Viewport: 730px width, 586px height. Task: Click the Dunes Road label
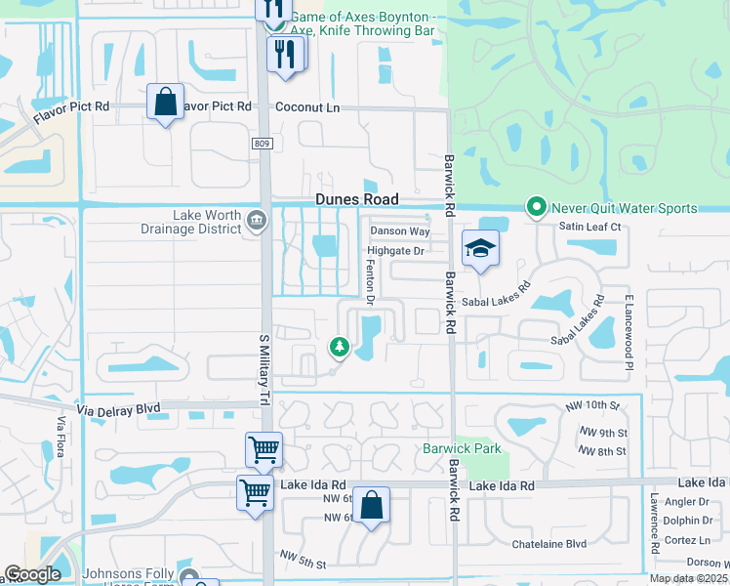coord(357,198)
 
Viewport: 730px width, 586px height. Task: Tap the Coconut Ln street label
coord(306,106)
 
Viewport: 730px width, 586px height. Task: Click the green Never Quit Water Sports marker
coord(536,207)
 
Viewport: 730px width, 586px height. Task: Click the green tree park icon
coord(340,346)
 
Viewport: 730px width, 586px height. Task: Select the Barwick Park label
coord(462,448)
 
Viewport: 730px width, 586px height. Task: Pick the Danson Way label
coord(400,231)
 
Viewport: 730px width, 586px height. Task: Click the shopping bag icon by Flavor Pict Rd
coord(165,102)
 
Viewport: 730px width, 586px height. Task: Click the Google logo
coord(33,574)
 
